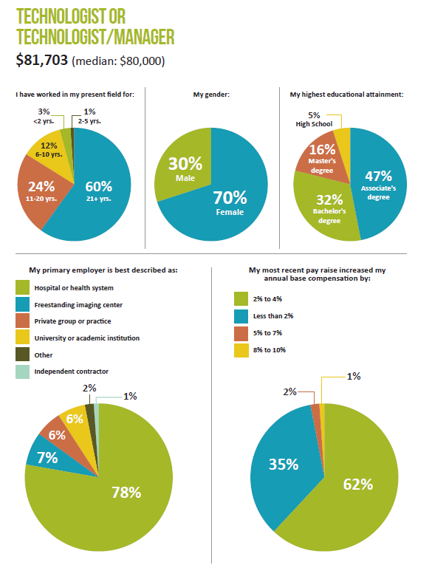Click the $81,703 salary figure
point(41,60)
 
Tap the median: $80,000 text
point(118,61)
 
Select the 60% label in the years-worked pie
point(98,187)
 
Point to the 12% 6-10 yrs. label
point(49,149)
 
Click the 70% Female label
point(230,203)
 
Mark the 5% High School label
point(314,120)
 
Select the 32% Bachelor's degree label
point(329,209)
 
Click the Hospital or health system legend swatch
point(22,287)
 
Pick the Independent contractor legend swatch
point(22,372)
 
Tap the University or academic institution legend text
point(87,338)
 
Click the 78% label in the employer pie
point(126,492)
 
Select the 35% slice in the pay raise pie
point(286,468)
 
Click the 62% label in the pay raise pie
point(357,485)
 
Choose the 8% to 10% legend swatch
point(241,350)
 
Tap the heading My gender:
point(211,95)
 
